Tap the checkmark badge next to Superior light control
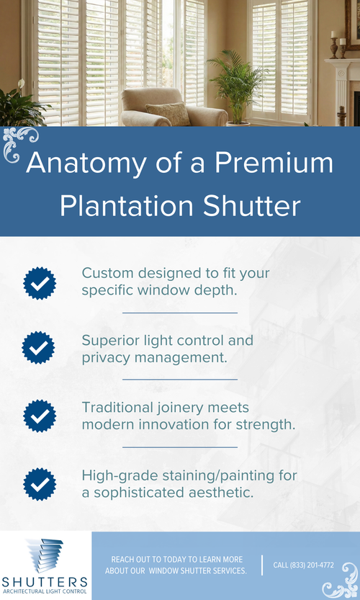tap(39, 348)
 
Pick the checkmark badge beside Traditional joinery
tap(39, 416)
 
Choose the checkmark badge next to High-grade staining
tap(39, 483)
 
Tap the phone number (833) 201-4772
tap(303, 565)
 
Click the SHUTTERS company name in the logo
tap(45, 581)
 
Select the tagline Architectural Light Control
tap(45, 592)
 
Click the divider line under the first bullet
tap(180, 313)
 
